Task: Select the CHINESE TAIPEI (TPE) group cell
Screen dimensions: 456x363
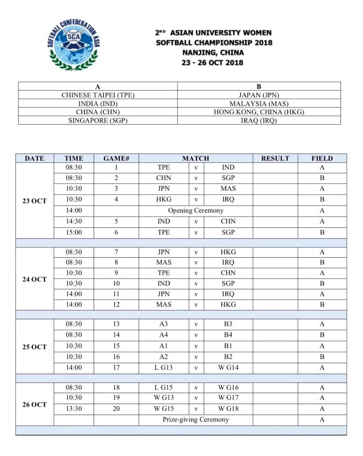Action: [98, 95]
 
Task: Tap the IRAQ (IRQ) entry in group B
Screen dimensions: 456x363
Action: [259, 120]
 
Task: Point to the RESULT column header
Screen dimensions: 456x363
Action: [275, 158]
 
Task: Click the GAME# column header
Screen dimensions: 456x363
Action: [116, 158]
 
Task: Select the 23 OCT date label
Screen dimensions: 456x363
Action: [34, 201]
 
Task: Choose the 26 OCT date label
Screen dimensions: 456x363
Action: [34, 404]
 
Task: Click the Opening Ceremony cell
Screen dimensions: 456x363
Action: [196, 211]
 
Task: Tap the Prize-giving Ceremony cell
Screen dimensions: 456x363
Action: [196, 419]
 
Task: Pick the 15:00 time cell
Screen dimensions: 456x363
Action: [74, 232]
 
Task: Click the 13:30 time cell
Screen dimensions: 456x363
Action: [74, 409]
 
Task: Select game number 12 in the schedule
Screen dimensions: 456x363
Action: [116, 304]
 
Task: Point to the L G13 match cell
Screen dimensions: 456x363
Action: [163, 368]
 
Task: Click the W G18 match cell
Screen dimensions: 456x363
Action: [228, 409]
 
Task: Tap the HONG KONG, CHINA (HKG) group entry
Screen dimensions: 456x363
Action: [259, 112]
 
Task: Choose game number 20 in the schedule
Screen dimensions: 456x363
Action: [116, 409]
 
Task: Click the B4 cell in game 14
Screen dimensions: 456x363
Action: [228, 335]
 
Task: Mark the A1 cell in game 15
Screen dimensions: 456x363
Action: [163, 346]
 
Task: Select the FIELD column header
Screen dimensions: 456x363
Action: [322, 158]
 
